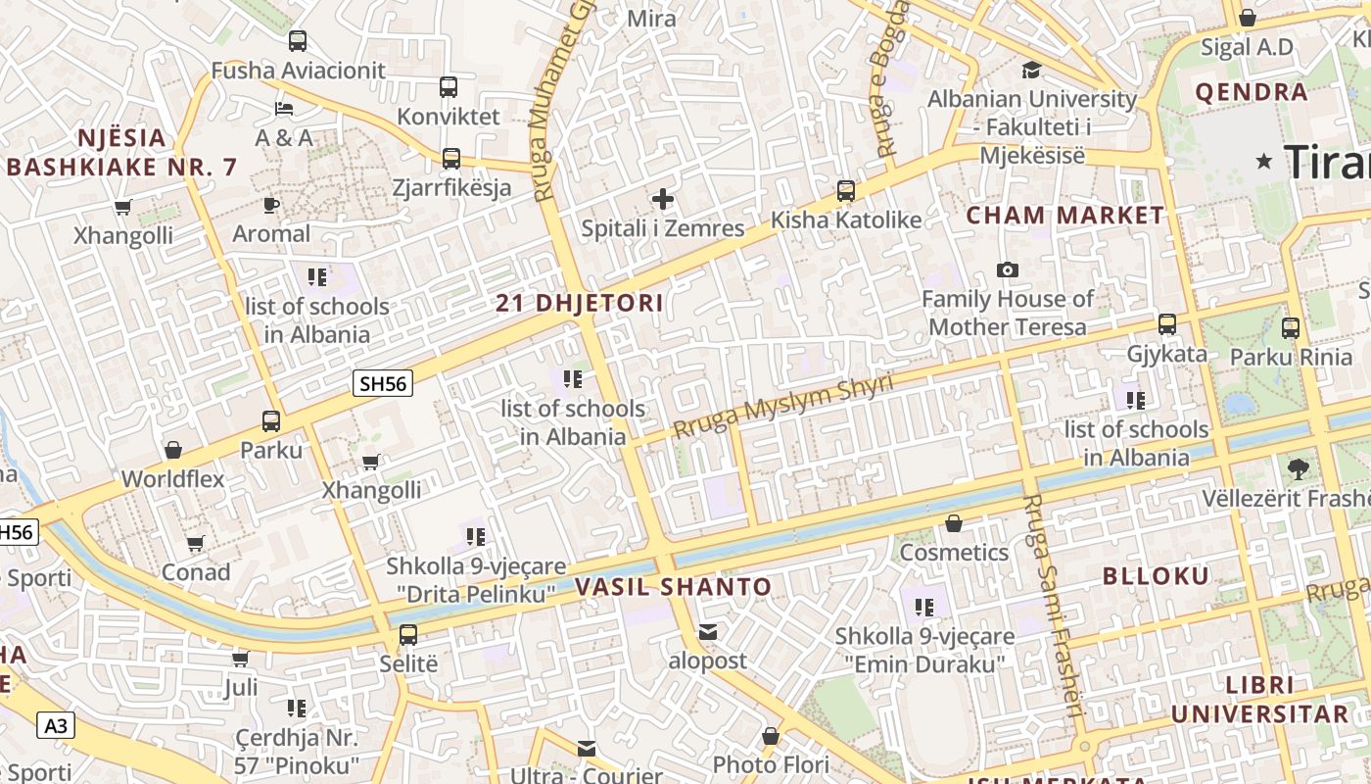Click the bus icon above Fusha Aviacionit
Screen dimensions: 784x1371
(298, 41)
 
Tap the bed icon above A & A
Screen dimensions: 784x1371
(284, 108)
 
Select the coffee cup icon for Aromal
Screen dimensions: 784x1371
(271, 205)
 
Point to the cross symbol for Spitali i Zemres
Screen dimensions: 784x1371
(663, 200)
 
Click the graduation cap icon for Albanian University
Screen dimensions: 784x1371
(1031, 70)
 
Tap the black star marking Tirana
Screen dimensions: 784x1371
(1265, 161)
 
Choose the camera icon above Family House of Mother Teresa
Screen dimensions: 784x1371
(1007, 269)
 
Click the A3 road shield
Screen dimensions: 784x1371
(56, 725)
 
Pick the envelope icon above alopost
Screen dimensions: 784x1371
(708, 632)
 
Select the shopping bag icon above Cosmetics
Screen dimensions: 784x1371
(954, 523)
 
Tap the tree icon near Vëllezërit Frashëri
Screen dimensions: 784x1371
(1299, 468)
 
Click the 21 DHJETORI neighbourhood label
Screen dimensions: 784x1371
(580, 303)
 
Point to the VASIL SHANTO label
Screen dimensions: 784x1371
(673, 587)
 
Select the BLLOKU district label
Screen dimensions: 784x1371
(1157, 575)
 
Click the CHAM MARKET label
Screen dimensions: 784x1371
(1065, 215)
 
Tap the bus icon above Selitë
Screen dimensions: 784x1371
(408, 634)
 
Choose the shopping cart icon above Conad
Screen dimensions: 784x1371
(196, 543)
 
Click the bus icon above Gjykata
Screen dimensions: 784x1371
(1166, 323)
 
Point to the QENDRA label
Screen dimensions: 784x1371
(1252, 92)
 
